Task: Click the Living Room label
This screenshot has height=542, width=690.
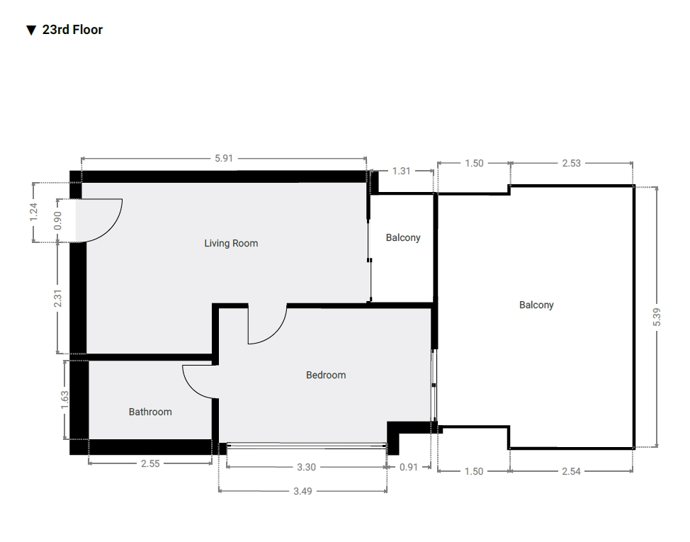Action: pyautogui.click(x=231, y=243)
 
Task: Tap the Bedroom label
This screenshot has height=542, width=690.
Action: pyautogui.click(x=326, y=375)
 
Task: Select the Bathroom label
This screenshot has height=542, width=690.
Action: pyautogui.click(x=150, y=412)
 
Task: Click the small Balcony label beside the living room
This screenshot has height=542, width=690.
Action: pyautogui.click(x=403, y=237)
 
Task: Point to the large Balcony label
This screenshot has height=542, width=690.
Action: pyautogui.click(x=536, y=305)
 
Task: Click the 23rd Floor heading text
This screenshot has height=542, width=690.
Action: pyautogui.click(x=72, y=30)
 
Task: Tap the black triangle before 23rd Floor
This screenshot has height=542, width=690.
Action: pyautogui.click(x=30, y=30)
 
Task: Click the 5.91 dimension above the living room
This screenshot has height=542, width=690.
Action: pyautogui.click(x=224, y=159)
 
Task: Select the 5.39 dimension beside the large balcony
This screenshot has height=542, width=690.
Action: pyautogui.click(x=657, y=317)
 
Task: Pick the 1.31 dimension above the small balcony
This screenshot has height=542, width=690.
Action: pyautogui.click(x=402, y=171)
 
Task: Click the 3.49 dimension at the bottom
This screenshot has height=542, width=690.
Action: pyautogui.click(x=302, y=491)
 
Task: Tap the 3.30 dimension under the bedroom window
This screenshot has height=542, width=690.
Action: pyautogui.click(x=306, y=467)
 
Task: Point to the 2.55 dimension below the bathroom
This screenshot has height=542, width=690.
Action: pyautogui.click(x=150, y=463)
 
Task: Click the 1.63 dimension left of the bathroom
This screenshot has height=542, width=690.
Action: pyautogui.click(x=64, y=400)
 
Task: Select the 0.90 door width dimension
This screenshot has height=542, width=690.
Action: pyautogui.click(x=57, y=220)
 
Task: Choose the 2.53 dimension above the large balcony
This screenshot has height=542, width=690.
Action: pyautogui.click(x=571, y=163)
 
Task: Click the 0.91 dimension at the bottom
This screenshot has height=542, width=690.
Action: pyautogui.click(x=408, y=467)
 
